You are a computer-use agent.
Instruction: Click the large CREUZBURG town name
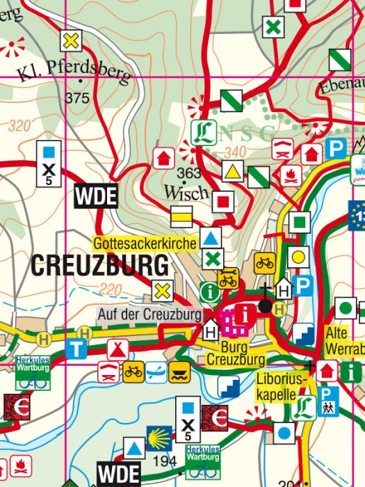99,265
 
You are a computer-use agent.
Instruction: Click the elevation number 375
76,99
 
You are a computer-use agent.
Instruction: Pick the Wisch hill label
186,191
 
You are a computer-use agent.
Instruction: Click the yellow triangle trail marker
233,171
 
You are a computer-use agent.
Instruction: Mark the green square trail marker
299,223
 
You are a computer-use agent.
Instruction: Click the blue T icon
77,349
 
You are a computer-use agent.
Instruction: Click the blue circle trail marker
282,434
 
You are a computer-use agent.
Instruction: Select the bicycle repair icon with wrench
227,279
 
